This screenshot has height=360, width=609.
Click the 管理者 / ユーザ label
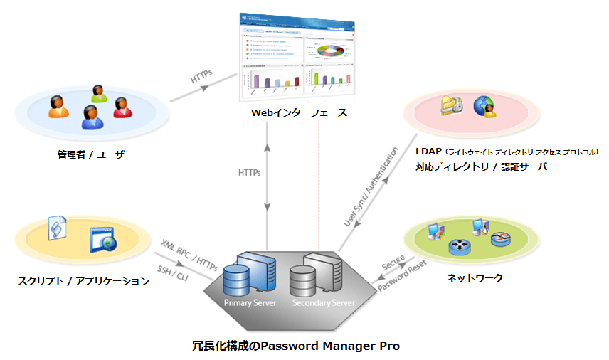91,154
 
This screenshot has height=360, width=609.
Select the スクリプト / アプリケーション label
83,281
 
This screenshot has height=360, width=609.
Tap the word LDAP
428,152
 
